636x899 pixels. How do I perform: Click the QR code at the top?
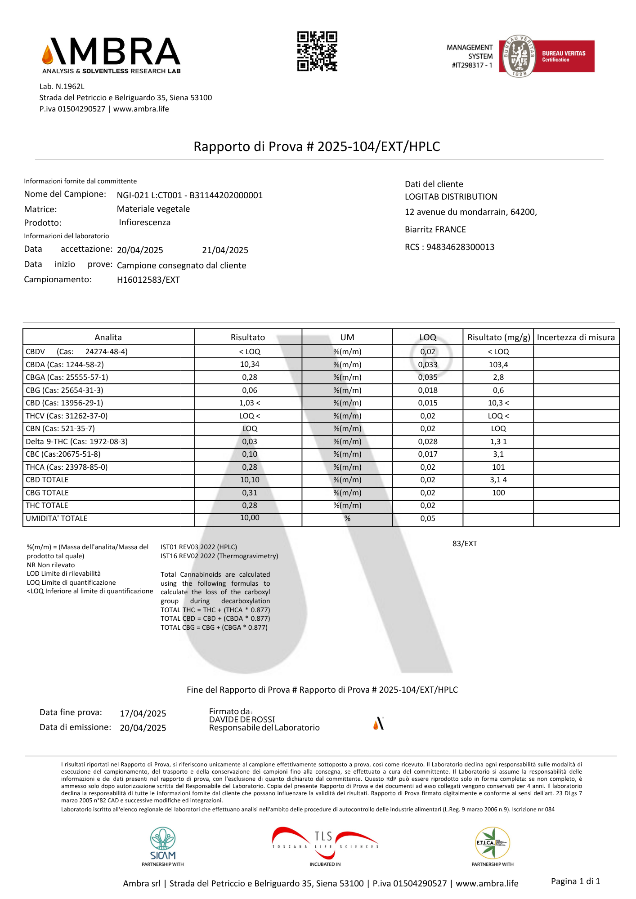(317, 51)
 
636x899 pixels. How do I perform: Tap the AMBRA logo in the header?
(111, 55)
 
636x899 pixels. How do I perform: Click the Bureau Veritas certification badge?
(546, 56)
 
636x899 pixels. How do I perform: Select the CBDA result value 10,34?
(250, 365)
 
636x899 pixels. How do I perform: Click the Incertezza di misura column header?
(576, 338)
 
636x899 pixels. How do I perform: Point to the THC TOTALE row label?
(47, 506)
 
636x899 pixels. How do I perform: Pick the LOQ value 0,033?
(428, 365)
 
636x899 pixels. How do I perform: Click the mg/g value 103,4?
(498, 365)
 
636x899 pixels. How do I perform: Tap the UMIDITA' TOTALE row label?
(57, 519)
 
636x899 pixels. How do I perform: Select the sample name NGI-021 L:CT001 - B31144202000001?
(190, 196)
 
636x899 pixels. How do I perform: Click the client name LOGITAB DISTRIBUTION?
(451, 197)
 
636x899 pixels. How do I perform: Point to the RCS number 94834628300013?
(460, 247)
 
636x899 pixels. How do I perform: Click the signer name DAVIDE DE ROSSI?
(242, 720)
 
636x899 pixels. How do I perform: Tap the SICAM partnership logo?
(163, 845)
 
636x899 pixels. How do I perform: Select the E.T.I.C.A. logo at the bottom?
(493, 843)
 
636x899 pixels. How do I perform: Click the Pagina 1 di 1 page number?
(575, 881)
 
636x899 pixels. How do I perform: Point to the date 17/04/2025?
(143, 714)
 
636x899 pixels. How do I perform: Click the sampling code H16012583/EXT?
(148, 280)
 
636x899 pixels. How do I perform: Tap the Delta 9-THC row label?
(76, 442)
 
